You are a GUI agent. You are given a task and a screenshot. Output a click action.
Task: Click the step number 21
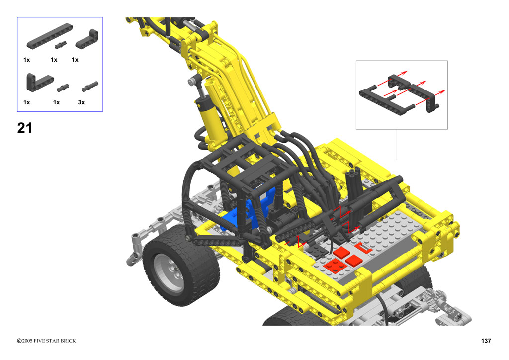tap(25, 128)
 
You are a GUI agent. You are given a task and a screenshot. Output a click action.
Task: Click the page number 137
tap(486, 341)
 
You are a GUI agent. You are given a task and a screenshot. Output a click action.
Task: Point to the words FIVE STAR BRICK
tap(55, 341)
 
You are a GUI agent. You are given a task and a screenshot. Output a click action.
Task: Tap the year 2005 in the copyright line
tap(27, 341)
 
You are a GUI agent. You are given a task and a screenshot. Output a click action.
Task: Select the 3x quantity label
tap(81, 102)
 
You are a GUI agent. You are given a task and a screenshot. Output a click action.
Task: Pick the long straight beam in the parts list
tap(50, 36)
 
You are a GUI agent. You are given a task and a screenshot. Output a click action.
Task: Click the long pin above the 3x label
tap(90, 86)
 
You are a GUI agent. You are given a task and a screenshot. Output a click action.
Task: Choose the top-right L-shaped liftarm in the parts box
tap(87, 39)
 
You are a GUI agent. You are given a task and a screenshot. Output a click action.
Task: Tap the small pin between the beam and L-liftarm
tap(60, 45)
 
